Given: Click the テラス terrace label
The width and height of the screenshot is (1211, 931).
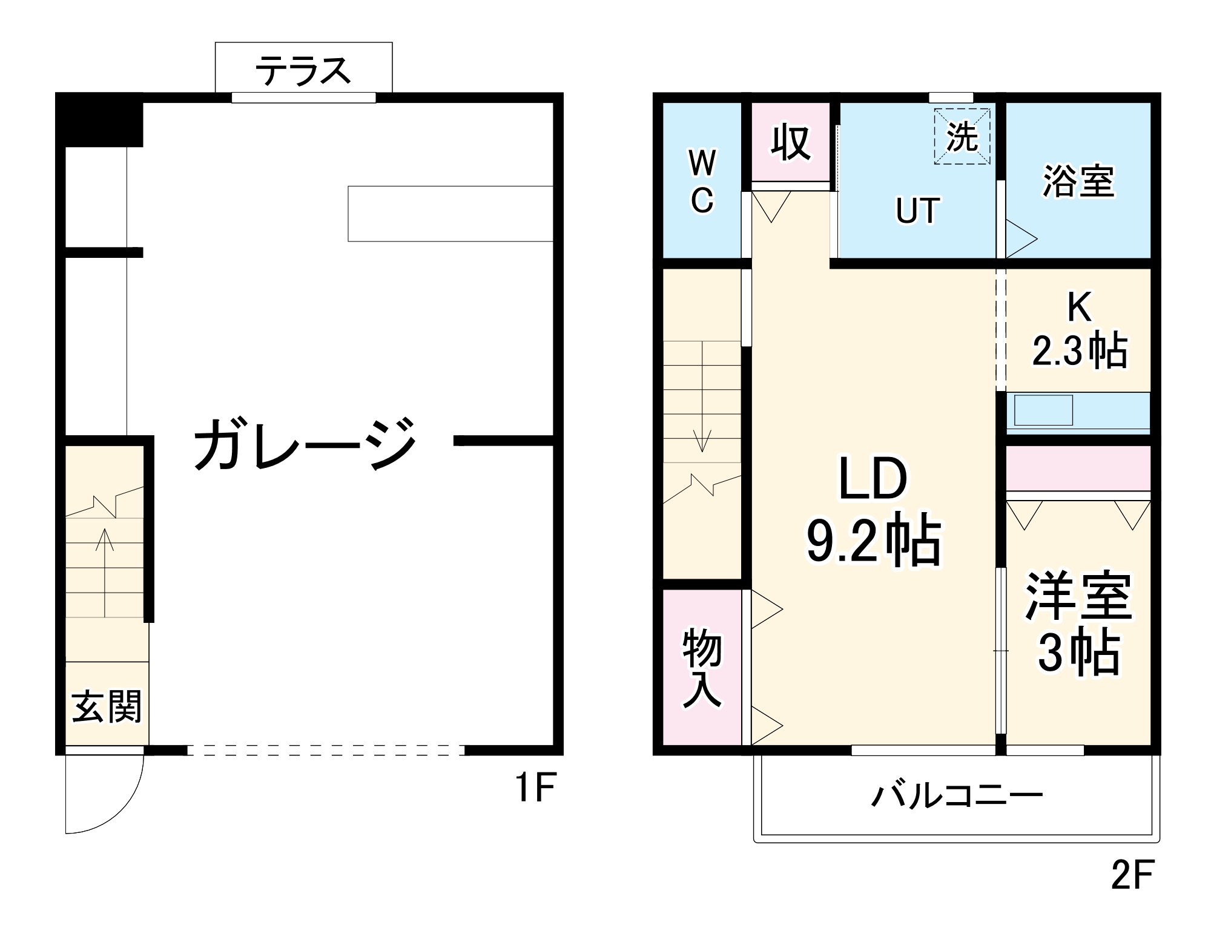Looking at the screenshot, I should (x=303, y=71).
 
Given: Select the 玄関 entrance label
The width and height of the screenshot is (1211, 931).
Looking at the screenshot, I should (x=107, y=706).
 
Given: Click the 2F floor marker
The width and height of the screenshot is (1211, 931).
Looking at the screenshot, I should (x=1133, y=874).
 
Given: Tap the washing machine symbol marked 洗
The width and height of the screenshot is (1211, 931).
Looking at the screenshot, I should (x=962, y=137).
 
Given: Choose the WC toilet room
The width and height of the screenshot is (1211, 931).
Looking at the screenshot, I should (x=702, y=182).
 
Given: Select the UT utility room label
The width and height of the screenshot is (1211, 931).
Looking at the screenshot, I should (x=917, y=211).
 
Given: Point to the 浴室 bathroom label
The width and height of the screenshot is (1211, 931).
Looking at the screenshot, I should (x=1078, y=181).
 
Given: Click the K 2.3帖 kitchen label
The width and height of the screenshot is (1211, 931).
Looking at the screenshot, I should (x=1080, y=330).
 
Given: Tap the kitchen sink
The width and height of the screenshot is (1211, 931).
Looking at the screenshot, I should (x=1043, y=410).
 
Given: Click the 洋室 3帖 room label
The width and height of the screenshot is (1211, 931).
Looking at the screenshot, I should (x=1078, y=623).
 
